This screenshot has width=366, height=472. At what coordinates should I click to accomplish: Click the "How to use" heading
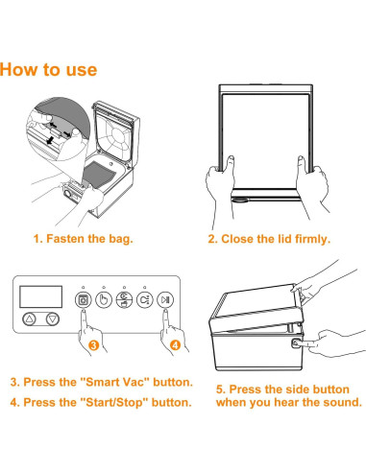click(x=48, y=69)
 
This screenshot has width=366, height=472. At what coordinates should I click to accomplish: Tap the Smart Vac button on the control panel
click(x=84, y=300)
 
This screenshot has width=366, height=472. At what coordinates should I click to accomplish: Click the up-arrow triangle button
click(x=30, y=319)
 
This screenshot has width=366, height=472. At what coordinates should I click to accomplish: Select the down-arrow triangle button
click(x=53, y=319)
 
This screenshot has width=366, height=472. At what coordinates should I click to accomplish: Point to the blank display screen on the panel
click(x=40, y=296)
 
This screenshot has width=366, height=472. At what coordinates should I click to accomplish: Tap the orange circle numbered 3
click(x=93, y=345)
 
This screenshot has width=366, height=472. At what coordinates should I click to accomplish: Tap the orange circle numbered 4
click(x=175, y=345)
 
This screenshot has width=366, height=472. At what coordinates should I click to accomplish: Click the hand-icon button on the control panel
click(x=104, y=300)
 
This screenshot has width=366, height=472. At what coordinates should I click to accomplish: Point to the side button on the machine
click(x=295, y=343)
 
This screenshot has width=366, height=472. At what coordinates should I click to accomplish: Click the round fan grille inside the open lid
click(x=116, y=135)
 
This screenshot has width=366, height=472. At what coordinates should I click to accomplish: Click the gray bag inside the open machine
click(x=99, y=175)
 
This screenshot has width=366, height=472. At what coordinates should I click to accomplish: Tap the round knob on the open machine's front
click(x=67, y=194)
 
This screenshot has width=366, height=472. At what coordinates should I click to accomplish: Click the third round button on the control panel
click(x=124, y=300)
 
